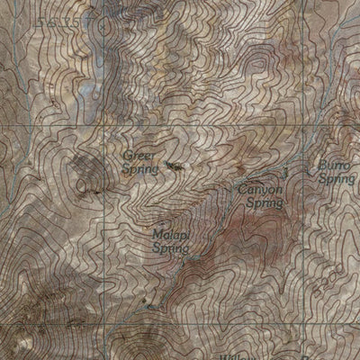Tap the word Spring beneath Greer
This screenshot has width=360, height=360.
coord(139,168)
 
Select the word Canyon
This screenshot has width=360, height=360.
coord(261,191)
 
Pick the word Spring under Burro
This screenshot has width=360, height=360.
coord(337,179)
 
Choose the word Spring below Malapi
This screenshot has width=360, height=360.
coord(170,247)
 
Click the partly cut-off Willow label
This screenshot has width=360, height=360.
coord(236,355)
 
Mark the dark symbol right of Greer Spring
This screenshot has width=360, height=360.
coord(174,166)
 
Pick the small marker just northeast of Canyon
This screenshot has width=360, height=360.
coord(284,171)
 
